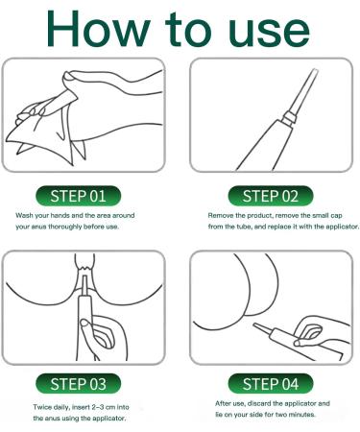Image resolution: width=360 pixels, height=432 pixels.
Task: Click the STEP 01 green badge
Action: point(79,196)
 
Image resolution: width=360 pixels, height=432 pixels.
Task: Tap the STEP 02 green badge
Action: point(271,196)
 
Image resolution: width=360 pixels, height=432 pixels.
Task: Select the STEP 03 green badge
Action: point(79,384)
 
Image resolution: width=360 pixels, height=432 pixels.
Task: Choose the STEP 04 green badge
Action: point(271,384)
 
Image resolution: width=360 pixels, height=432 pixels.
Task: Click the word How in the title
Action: point(99,29)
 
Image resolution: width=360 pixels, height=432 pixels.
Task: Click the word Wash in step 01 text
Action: point(24,215)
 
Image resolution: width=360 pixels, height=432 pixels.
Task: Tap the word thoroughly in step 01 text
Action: point(65,227)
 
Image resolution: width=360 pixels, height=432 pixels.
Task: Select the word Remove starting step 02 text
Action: point(221,215)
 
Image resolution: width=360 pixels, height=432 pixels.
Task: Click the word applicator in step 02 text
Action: point(343,227)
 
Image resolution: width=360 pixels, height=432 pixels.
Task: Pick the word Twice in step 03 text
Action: point(42,407)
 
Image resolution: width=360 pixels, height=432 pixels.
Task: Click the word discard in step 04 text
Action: point(259,403)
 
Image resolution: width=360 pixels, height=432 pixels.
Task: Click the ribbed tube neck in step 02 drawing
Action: point(289,118)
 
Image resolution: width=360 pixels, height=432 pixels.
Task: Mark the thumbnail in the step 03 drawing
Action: point(84,323)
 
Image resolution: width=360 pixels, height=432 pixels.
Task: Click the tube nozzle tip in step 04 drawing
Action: point(255,325)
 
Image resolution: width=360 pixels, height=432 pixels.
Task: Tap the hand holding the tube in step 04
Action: point(320,333)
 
